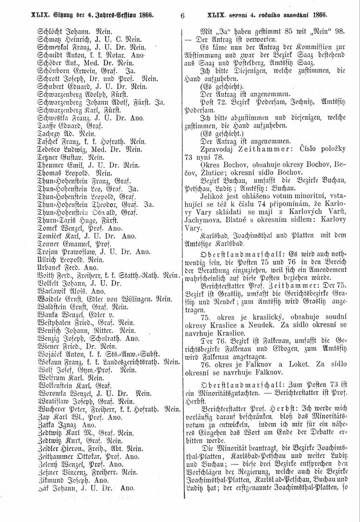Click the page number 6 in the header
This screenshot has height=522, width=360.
[183, 15]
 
